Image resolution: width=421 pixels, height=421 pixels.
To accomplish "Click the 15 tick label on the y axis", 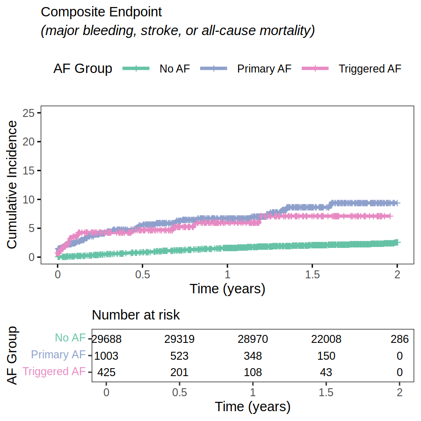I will [29, 171].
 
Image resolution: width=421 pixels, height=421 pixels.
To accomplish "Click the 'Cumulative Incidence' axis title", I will [12, 185].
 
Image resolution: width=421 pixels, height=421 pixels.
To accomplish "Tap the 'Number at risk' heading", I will [136, 315].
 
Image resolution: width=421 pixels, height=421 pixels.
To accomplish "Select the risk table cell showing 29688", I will [107, 339].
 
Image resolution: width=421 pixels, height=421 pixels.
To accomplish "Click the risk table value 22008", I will [326, 339].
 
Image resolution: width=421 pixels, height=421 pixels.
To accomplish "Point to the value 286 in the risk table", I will [399, 339].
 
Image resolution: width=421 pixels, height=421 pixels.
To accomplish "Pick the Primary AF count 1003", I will [107, 356].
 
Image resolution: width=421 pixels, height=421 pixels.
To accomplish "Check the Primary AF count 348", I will [253, 356].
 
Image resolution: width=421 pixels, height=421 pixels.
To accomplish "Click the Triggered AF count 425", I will [107, 373].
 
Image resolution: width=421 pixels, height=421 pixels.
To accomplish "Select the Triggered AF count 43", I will [326, 373].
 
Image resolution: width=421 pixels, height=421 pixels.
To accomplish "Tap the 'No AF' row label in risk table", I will [70, 338].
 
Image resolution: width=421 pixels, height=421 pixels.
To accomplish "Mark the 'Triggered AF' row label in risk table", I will [54, 371].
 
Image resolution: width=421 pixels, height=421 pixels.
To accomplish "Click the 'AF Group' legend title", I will [83, 69].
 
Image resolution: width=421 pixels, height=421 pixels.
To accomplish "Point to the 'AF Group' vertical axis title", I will [13, 356].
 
